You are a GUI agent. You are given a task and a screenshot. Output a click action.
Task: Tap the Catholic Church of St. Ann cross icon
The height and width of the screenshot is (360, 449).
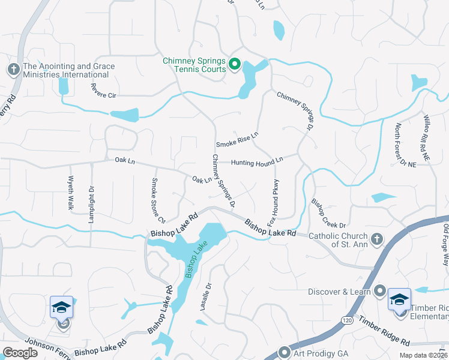(x=376, y=240)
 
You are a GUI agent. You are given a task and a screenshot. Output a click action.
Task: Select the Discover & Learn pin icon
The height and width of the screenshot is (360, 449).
(x=379, y=292)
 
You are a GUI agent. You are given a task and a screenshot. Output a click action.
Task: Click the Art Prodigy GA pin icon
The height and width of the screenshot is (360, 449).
(x=285, y=352)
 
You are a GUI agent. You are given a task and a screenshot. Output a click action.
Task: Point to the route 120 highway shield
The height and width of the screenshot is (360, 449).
(x=346, y=304)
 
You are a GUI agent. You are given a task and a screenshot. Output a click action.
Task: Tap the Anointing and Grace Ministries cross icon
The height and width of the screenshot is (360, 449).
(x=13, y=70)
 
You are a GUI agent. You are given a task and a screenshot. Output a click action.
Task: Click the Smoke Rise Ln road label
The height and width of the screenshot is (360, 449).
(x=237, y=140)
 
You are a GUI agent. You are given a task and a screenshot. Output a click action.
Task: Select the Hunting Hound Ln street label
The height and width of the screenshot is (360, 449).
(x=257, y=161)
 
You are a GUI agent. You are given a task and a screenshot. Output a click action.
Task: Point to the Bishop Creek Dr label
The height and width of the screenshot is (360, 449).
(x=328, y=213)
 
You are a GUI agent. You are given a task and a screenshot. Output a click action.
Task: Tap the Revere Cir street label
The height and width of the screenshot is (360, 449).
(x=103, y=91)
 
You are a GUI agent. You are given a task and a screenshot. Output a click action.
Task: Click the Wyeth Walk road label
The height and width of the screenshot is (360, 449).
(x=71, y=193)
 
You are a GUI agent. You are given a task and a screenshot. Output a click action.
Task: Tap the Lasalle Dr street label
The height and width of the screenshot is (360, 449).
(x=205, y=296)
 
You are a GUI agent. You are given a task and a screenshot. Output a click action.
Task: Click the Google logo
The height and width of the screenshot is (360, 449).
(x=20, y=353)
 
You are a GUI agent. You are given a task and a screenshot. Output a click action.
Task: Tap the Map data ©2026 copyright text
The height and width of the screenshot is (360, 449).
(x=424, y=355)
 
